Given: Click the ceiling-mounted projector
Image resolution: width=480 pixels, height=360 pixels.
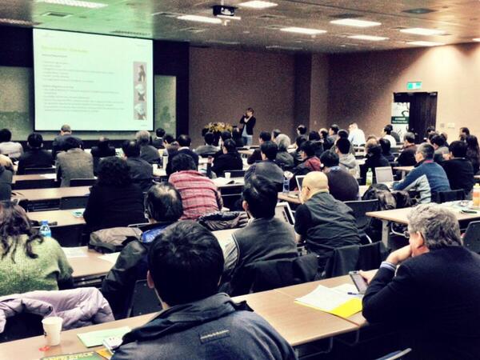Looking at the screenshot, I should (225, 11).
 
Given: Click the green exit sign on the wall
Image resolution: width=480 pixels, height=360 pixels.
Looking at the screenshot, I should (413, 85).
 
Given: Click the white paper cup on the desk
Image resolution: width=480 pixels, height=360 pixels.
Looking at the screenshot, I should (52, 330).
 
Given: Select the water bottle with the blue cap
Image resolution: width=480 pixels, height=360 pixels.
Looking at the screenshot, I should (46, 230).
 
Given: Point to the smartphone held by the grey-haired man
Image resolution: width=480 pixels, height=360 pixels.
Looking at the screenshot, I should (358, 281).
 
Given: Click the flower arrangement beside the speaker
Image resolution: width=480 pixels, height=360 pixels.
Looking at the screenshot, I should (218, 128).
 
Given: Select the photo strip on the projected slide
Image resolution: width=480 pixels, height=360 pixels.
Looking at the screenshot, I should (139, 90).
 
